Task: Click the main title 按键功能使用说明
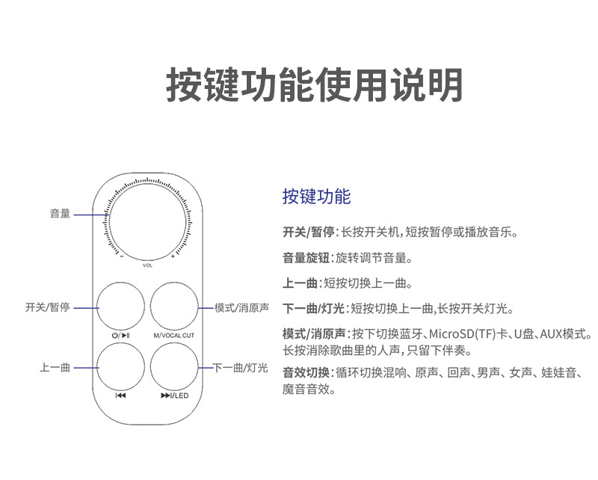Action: [315, 84]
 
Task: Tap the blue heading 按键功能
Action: [316, 197]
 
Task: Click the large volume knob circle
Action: [147, 222]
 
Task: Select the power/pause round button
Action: [120, 307]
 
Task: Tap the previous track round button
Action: [120, 366]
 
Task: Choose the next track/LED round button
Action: [174, 366]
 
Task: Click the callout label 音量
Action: [61, 214]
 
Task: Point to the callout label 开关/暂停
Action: [48, 307]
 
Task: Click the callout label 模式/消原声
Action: [241, 307]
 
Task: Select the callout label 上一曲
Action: [55, 368]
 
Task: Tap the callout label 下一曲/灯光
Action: [240, 368]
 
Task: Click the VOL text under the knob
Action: [147, 265]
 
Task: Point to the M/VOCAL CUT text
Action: [174, 336]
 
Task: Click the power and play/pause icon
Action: [120, 336]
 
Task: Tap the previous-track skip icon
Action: [120, 396]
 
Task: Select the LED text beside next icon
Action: [182, 396]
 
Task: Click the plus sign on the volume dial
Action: [173, 256]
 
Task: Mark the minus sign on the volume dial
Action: [122, 256]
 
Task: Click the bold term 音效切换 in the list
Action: [306, 372]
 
